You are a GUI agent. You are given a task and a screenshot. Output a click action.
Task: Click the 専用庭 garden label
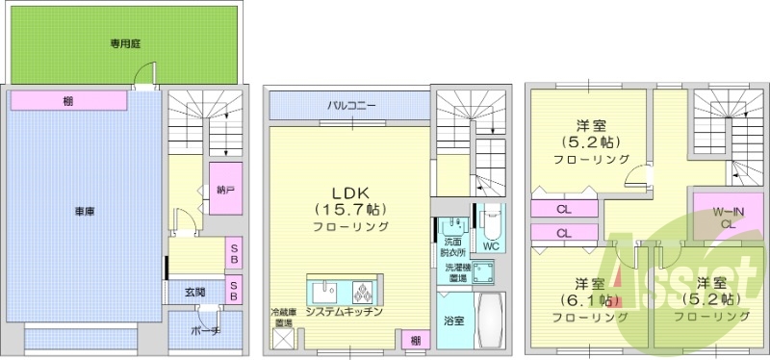(x=126, y=42)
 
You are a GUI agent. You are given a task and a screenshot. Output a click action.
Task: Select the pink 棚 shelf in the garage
(x=69, y=100)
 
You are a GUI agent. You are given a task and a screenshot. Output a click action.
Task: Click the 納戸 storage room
(x=225, y=191)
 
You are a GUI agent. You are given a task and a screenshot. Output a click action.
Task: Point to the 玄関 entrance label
(x=195, y=291)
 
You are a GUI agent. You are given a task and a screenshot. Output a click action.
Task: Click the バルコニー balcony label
(x=350, y=104)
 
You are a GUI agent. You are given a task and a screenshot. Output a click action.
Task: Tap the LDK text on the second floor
(x=350, y=190)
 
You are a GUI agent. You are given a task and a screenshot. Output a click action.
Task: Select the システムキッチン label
(x=345, y=313)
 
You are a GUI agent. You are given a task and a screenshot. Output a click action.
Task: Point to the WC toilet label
(x=490, y=245)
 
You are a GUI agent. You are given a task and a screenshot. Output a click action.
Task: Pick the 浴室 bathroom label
(x=454, y=320)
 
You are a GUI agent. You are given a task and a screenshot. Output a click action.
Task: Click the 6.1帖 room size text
(x=583, y=300)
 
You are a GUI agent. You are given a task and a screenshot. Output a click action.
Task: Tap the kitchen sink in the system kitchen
(x=324, y=292)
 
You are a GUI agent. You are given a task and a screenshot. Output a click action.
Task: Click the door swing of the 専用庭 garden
(x=142, y=74)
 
